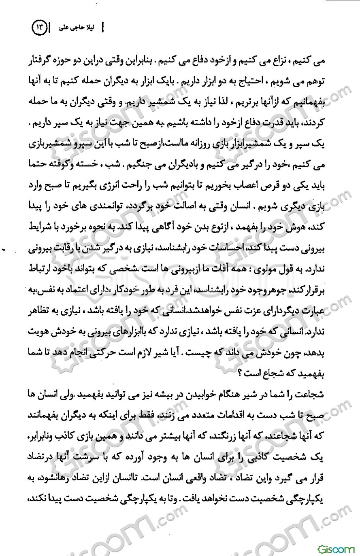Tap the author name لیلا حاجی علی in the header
(x=76, y=29)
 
